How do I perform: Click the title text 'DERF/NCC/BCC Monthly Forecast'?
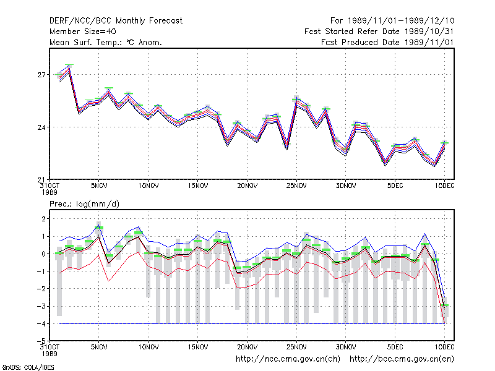[x=116, y=21]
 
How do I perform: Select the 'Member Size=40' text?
[x=83, y=32]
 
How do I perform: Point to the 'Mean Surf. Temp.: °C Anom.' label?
[x=106, y=42]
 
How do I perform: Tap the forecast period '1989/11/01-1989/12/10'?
[x=401, y=21]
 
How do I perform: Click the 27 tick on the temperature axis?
[x=41, y=75]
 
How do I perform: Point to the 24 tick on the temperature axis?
[x=41, y=127]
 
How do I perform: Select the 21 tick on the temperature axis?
[x=41, y=180]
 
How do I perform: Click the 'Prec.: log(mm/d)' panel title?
[x=84, y=204]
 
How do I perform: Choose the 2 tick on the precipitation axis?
[x=43, y=219]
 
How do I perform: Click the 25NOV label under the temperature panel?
[x=296, y=186]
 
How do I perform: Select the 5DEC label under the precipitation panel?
[x=395, y=347]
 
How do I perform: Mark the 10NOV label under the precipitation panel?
[x=148, y=347]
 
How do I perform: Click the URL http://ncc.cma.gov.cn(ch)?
[x=288, y=359]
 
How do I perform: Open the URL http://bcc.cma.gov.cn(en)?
[x=402, y=359]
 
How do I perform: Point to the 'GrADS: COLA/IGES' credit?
[x=28, y=367]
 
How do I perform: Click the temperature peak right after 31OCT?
[x=69, y=65]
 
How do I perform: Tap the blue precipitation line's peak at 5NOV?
[x=99, y=226]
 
